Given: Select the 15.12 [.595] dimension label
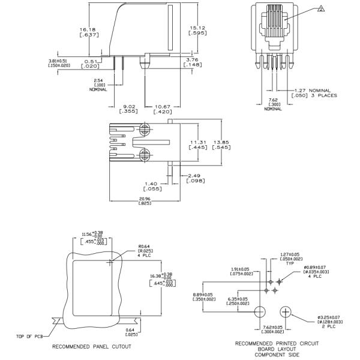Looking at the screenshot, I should (x=199, y=31).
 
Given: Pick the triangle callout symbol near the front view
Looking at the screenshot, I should (x=321, y=8).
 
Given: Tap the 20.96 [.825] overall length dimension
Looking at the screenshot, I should (x=145, y=201).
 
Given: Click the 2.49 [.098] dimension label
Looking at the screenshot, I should (x=197, y=178).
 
